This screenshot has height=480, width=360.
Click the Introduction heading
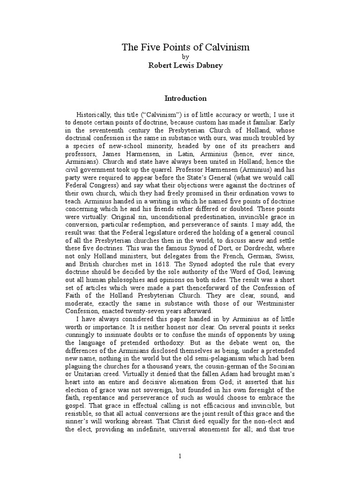coord(185,98)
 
